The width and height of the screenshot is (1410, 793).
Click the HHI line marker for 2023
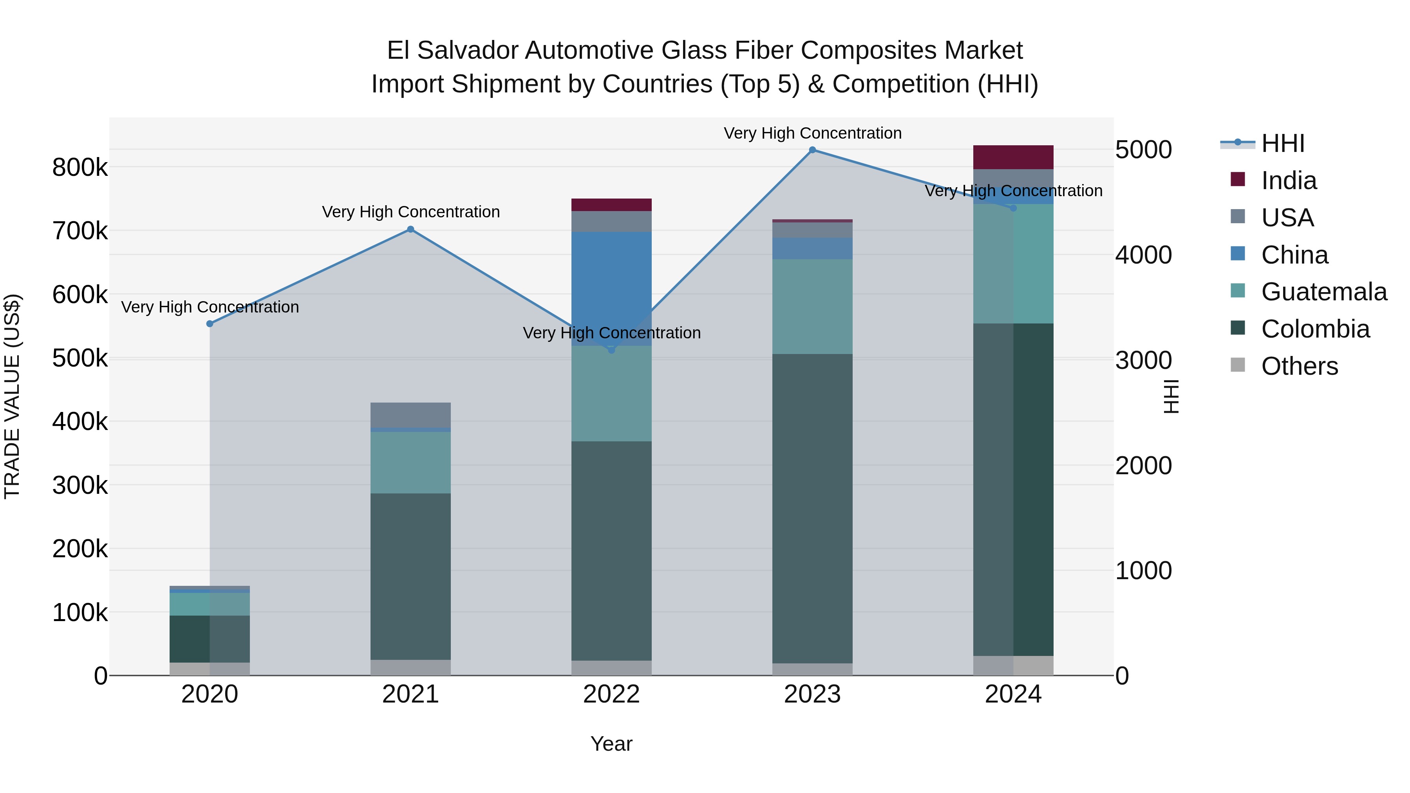click(812, 150)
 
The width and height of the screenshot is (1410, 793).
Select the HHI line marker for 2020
click(210, 324)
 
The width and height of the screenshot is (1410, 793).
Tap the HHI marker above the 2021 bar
click(410, 229)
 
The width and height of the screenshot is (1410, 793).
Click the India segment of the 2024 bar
click(1013, 157)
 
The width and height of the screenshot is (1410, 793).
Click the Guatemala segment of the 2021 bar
click(410, 462)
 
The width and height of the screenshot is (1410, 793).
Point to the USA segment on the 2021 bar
click(410, 415)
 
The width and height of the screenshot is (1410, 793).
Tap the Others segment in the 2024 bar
click(1013, 665)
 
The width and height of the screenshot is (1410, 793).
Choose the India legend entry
click(1289, 181)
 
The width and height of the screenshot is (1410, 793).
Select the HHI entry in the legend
click(1282, 143)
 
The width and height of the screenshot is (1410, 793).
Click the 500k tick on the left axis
click(80, 358)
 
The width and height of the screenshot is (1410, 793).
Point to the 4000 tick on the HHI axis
click(1143, 255)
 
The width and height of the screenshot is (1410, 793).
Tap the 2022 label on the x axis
click(611, 694)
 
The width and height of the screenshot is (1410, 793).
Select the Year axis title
click(611, 744)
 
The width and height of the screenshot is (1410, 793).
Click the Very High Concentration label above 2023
click(812, 133)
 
